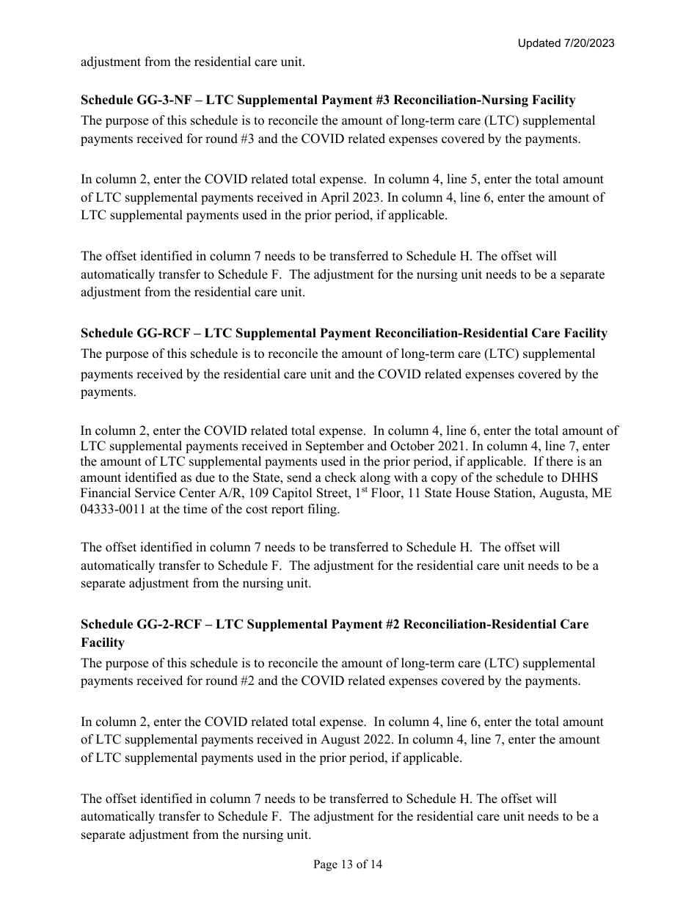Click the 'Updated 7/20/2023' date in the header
click(x=566, y=43)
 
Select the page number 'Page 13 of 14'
click(x=348, y=864)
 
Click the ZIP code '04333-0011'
click(x=113, y=509)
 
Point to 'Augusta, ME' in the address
click(x=580, y=493)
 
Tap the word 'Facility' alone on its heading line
click(x=103, y=642)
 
